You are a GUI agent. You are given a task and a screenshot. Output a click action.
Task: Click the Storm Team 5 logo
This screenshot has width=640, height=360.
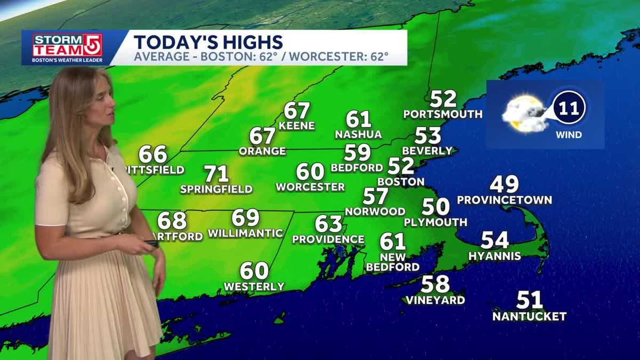pos(67,48)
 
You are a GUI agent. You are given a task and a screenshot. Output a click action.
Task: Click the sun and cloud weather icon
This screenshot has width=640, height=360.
pos(523,114)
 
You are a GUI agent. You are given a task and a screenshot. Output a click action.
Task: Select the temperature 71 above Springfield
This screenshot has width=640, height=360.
pos(217,174)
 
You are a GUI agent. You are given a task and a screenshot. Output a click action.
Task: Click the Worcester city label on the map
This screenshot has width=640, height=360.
pos(310,187)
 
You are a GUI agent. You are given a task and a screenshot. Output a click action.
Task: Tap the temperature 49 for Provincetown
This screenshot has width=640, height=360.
pos(504,185)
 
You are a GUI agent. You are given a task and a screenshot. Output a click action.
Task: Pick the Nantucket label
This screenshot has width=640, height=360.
pos(529,316)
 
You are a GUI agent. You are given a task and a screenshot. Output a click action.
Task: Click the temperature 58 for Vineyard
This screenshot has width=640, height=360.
pos(435,284)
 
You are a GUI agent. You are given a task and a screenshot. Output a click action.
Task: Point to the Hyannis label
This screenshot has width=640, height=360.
pos(494,256)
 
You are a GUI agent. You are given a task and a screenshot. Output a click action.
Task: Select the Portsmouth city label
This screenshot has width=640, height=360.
pos(443,114)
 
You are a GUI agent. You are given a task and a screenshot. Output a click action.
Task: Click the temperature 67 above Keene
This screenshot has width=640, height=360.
pos(297,111)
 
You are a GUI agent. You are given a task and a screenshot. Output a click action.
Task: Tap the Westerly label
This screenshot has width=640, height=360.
pos(254,287)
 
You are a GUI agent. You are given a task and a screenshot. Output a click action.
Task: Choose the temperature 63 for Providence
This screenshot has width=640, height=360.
pos(328,223)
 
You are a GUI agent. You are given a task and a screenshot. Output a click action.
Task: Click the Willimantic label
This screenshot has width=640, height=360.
pos(245,233)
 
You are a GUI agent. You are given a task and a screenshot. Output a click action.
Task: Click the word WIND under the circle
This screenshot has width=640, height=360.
pos(569,135)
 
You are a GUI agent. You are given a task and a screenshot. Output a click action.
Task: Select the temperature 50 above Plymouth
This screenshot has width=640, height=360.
pos(435,206)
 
